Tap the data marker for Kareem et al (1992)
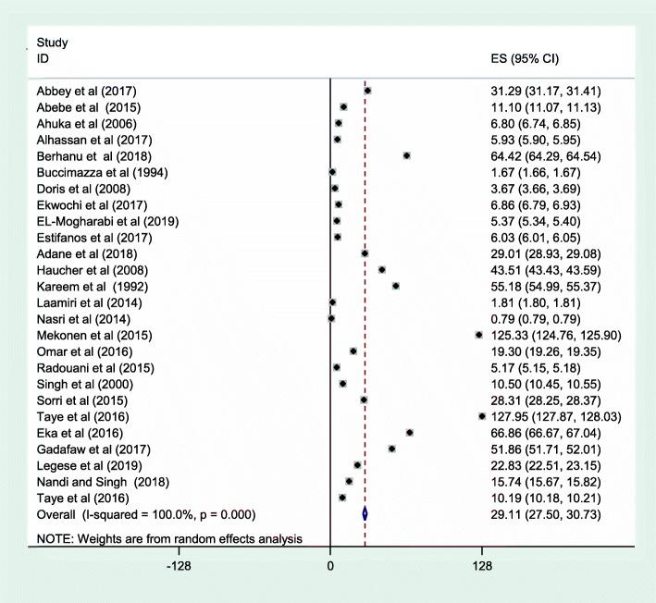pos(395,286)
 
